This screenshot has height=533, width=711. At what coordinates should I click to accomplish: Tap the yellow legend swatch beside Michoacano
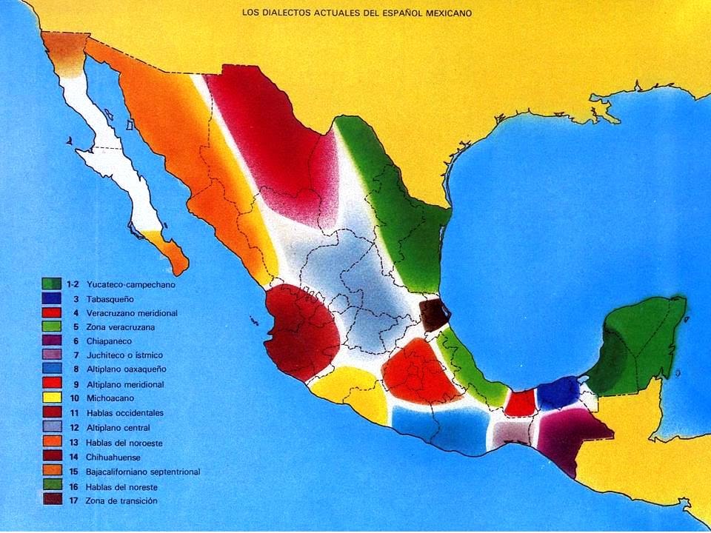click(52, 398)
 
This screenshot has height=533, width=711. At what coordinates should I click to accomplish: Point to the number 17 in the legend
click(73, 501)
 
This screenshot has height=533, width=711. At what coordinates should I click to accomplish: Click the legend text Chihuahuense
click(116, 457)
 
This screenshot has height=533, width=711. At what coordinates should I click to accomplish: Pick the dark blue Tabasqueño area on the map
click(558, 393)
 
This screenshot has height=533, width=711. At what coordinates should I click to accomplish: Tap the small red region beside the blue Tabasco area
click(521, 403)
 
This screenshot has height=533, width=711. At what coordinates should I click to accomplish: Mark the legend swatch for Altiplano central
click(52, 427)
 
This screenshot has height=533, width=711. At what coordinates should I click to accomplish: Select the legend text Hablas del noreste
click(121, 486)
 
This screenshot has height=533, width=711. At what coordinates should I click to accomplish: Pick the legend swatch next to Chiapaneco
click(52, 341)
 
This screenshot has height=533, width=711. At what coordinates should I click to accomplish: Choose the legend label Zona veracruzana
click(121, 326)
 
